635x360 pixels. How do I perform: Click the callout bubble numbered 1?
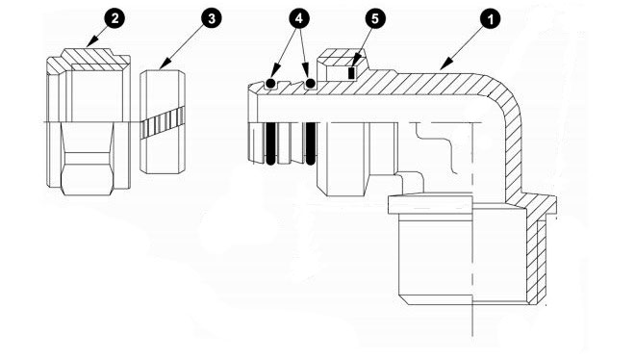pos(490,19)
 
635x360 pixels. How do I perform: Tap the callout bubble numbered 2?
pos(115,18)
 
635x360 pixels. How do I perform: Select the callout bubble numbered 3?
pos(212,18)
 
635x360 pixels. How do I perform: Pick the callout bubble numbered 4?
pos(299,18)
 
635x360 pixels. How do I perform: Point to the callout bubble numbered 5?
pos(375,18)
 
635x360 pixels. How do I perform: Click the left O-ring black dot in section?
pos(271,84)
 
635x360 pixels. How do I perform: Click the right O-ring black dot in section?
pos(311,84)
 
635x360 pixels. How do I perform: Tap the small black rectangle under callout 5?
pos(351,73)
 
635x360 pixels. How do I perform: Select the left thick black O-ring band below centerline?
pos(271,143)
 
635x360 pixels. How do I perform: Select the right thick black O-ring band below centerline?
pos(311,143)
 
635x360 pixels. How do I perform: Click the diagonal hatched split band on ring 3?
pos(163,122)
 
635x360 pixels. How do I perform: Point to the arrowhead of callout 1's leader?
pos(445,64)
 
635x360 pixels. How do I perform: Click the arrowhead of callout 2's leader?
pos(91,41)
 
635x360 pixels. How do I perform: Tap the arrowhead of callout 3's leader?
pos(165,64)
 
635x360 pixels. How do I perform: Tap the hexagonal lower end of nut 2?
pos(89,174)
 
